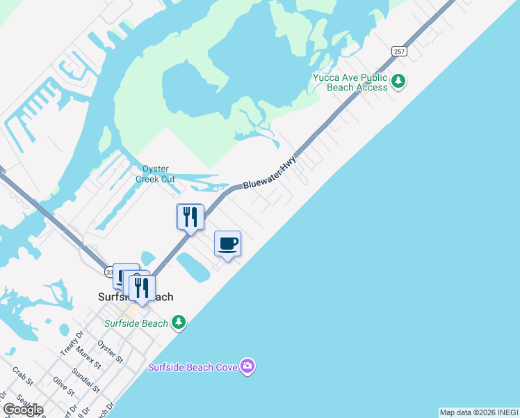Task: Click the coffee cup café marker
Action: click(x=227, y=244)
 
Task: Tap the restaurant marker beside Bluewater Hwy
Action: click(x=189, y=217)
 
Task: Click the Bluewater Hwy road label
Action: click(x=270, y=173)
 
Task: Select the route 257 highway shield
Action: click(x=399, y=51)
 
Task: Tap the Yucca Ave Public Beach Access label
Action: click(x=350, y=82)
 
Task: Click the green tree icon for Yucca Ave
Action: click(x=398, y=82)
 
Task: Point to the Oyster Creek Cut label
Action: click(x=159, y=173)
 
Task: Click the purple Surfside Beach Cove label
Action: click(x=193, y=366)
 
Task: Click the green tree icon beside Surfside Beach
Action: click(x=179, y=322)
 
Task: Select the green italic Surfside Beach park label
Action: click(x=136, y=323)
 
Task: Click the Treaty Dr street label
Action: click(x=67, y=345)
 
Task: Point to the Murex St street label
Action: click(x=90, y=357)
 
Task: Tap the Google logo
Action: click(x=23, y=410)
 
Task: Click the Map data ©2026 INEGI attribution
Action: click(x=478, y=412)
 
